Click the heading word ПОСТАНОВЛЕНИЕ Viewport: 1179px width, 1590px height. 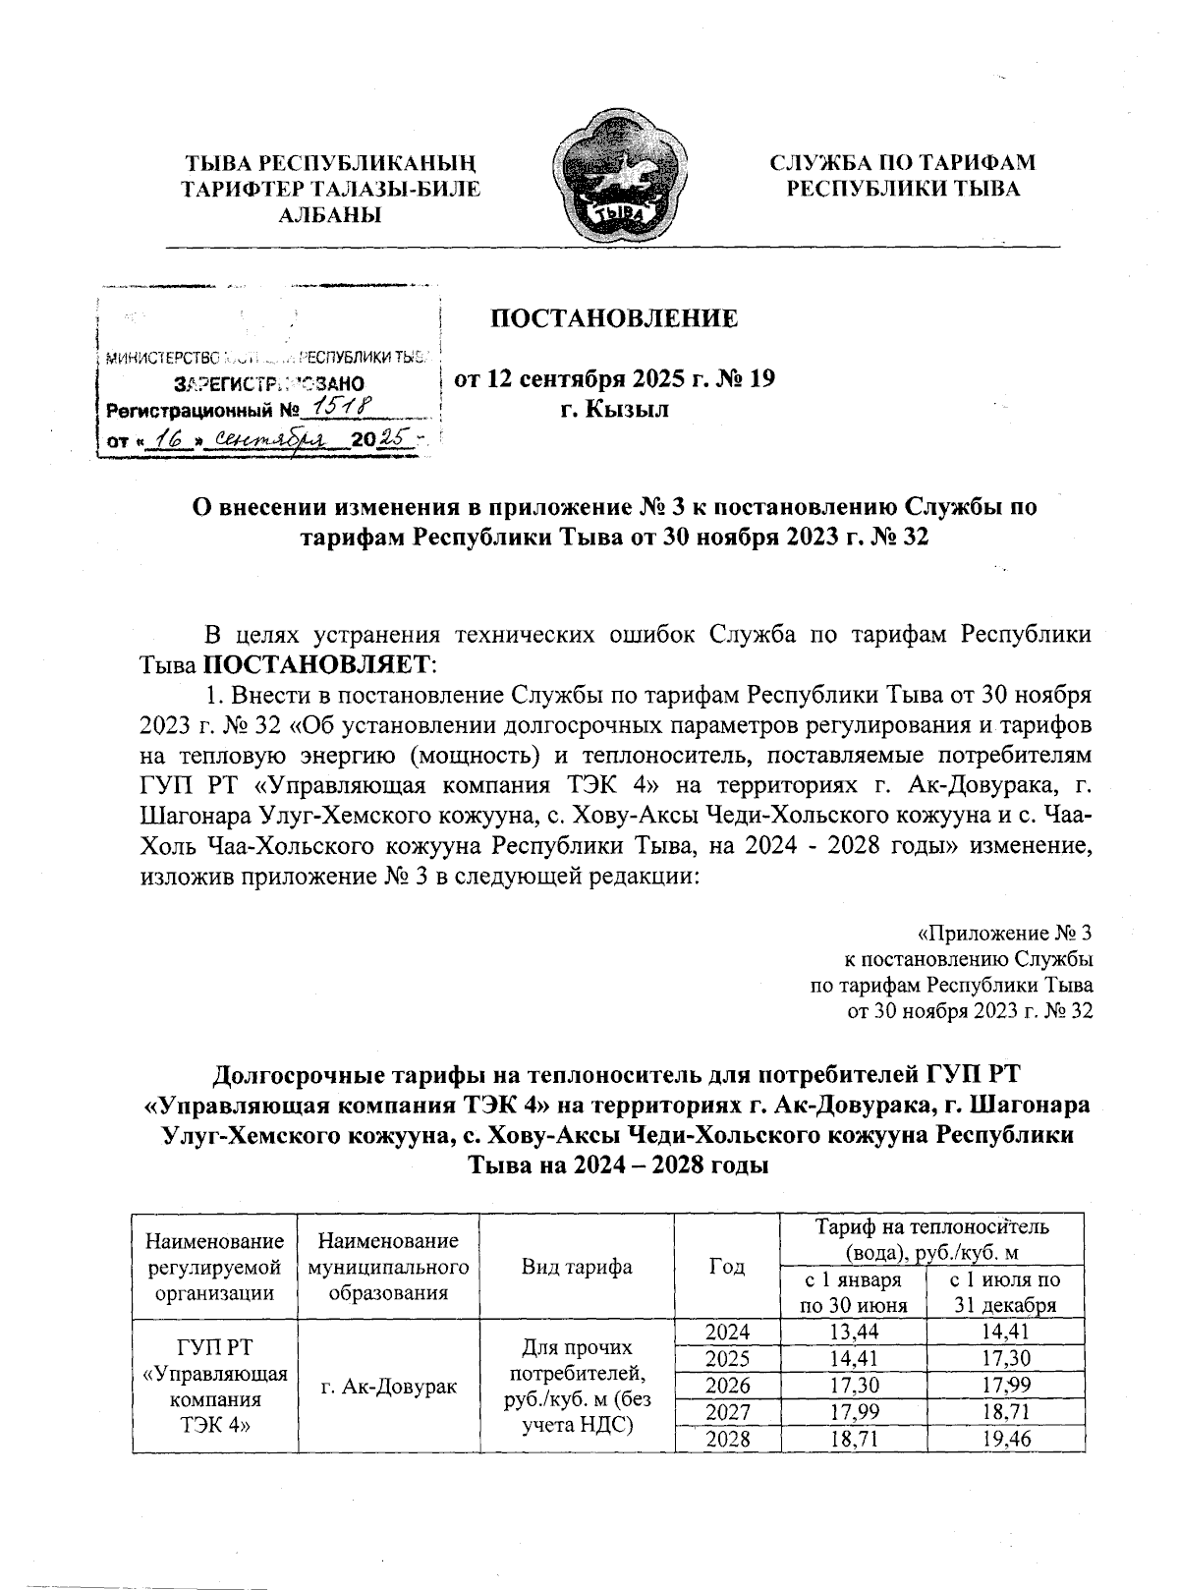coord(614,318)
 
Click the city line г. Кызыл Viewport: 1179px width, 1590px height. coord(614,409)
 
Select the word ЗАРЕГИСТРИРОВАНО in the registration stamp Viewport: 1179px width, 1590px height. coord(268,382)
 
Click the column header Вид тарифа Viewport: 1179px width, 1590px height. coord(577,1267)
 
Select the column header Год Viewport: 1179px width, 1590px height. coord(726,1267)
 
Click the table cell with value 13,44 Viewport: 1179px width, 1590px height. coord(852,1333)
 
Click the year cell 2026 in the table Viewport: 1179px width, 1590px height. coord(728,1386)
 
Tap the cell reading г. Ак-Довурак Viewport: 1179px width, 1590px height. coord(388,1386)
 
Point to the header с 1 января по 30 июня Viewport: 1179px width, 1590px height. coord(852,1293)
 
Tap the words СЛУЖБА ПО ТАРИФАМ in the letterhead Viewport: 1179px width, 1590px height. coord(902,162)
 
